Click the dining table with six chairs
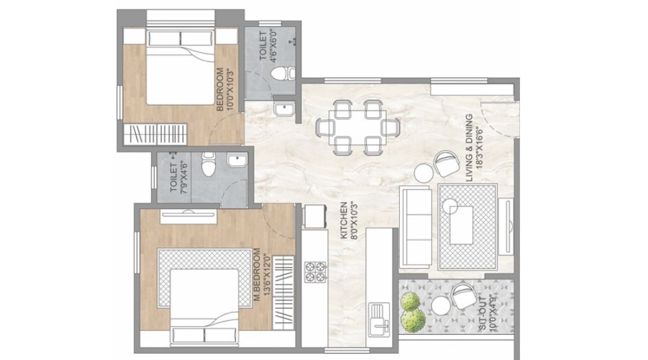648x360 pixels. [x=357, y=126]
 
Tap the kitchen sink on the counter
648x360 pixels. [x=379, y=316]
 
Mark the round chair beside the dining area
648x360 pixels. [x=446, y=164]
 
